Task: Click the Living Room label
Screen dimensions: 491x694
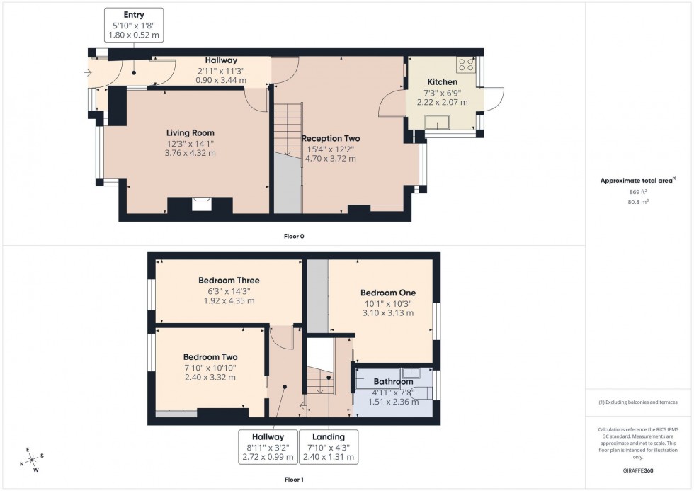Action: point(190,133)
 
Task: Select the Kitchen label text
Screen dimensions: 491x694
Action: point(442,82)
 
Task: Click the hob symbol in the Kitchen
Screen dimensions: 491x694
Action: point(467,64)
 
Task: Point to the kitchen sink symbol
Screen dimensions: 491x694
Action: point(437,123)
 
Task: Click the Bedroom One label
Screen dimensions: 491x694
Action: point(387,293)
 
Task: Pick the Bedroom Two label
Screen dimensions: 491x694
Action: point(210,357)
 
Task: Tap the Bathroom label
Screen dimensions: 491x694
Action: point(393,382)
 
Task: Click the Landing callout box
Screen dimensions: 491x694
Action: point(329,447)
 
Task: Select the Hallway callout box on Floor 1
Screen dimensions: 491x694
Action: point(266,447)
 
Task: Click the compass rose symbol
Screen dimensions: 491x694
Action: point(31,460)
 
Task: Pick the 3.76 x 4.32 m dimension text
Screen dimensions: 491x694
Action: point(190,153)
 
